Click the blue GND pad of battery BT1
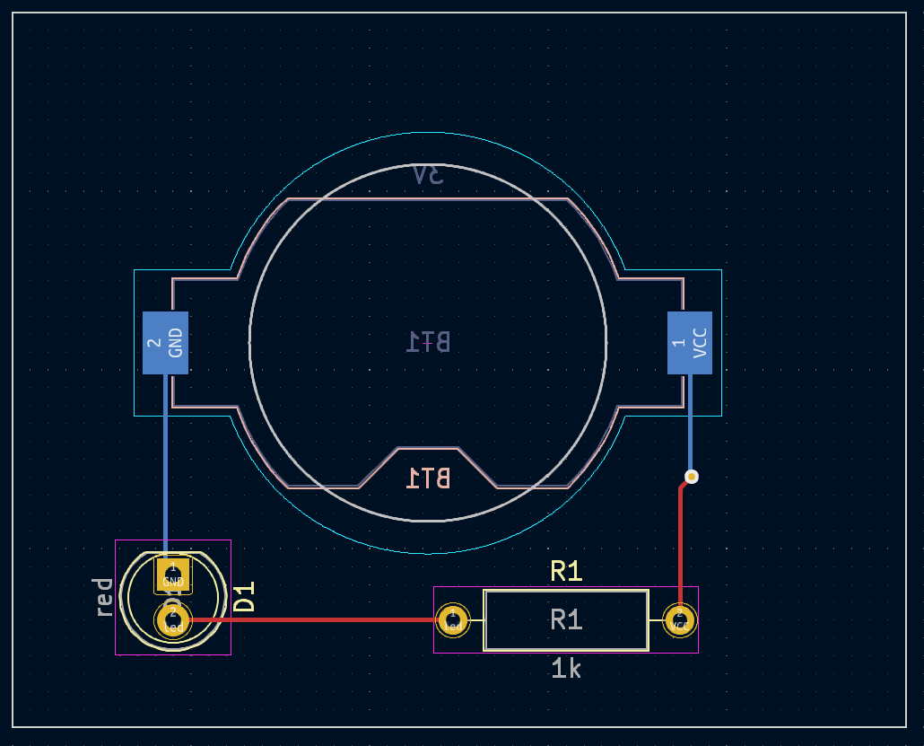pos(165,342)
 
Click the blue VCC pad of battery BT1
pos(689,342)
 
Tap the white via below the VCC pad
pos(691,476)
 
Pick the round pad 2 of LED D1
pos(173,619)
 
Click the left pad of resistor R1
pos(453,619)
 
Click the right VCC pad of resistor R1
pos(680,619)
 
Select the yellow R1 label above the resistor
pos(566,571)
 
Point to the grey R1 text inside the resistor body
pos(566,619)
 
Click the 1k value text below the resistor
pos(566,668)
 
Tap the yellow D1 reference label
pos(244,597)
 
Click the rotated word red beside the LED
pos(103,597)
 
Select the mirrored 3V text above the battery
pos(428,174)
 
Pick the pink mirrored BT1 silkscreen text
pos(428,478)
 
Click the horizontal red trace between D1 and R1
pos(314,619)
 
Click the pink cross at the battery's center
pos(428,342)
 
